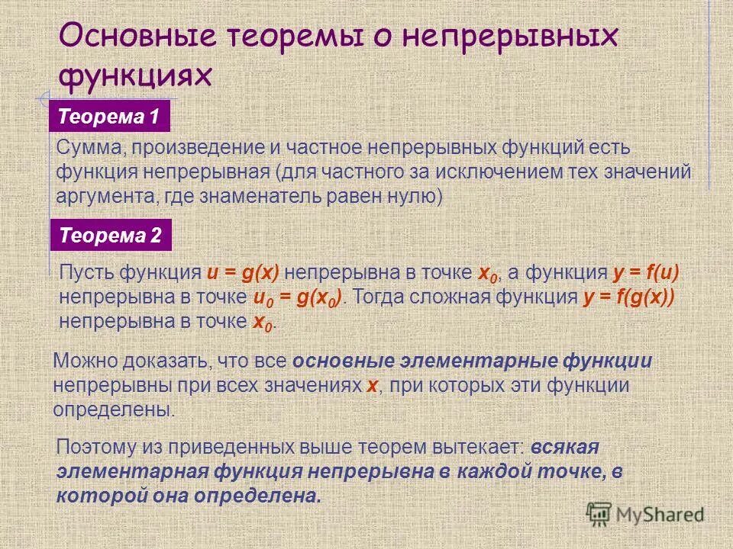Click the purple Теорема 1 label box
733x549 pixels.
(110, 118)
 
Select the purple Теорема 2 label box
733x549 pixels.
(111, 236)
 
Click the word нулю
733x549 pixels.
(413, 195)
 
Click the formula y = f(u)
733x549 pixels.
(644, 273)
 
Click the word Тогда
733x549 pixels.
(385, 297)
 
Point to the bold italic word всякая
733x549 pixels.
(566, 447)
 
